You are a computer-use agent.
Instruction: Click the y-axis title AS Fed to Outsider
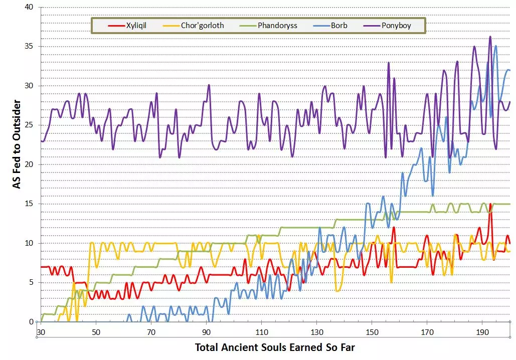point(17,144)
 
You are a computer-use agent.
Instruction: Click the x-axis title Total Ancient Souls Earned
point(274,347)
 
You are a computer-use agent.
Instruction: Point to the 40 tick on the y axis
point(30,7)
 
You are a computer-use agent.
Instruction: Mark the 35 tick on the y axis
point(30,47)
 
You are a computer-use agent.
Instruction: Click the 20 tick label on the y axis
point(30,164)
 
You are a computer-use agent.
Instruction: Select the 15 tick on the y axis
point(30,204)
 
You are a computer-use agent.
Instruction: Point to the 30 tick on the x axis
point(41,332)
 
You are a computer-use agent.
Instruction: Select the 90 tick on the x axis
point(206,332)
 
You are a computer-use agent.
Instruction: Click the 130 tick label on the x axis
point(316,332)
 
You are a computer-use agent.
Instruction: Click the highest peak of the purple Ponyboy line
point(490,37)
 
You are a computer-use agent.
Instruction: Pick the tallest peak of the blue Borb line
point(496,46)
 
